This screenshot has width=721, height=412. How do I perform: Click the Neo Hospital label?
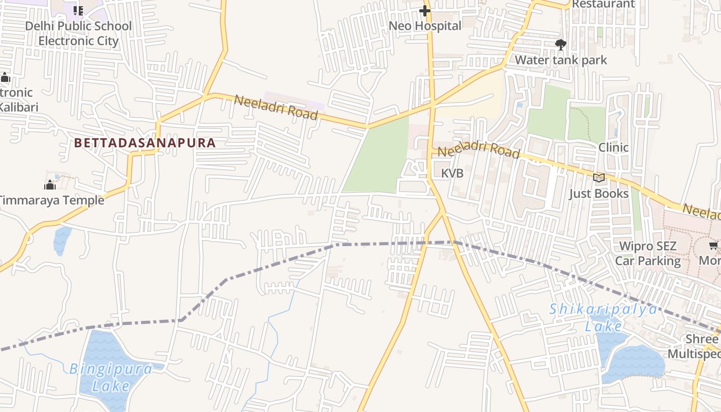[x=425, y=26]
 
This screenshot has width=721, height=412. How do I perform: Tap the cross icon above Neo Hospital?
[x=425, y=10]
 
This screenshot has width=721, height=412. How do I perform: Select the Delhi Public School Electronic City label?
[x=78, y=33]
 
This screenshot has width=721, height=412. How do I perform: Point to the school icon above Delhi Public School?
[x=78, y=10]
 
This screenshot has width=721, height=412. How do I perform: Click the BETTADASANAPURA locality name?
[x=145, y=143]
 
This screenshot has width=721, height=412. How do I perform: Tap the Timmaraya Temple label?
[x=51, y=200]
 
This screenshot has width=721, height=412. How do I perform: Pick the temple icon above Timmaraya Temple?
[x=50, y=184]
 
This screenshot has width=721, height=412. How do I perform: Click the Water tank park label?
[x=561, y=60]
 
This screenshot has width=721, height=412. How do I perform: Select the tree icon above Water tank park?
[x=561, y=44]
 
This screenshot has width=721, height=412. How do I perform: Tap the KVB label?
[x=452, y=174]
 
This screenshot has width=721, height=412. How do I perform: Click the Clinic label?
[x=613, y=147]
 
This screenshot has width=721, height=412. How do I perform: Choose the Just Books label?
[x=598, y=194]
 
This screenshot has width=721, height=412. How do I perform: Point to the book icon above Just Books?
[x=598, y=178]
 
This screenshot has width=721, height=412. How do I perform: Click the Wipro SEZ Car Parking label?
[x=648, y=253]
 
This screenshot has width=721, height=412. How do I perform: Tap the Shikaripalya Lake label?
[x=603, y=317]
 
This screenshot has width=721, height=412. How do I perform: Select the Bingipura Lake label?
[x=111, y=377]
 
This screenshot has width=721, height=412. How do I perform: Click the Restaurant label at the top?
[x=603, y=4]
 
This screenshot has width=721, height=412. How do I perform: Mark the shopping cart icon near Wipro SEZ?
[x=714, y=246]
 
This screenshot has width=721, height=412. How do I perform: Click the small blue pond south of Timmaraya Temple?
[x=62, y=240]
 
